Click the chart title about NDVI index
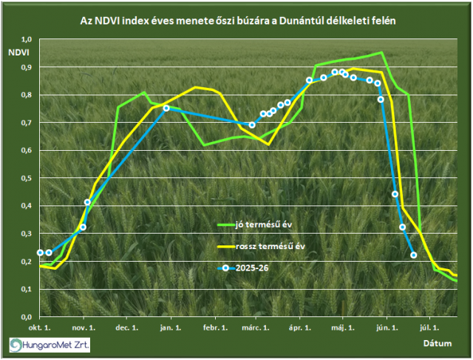click(238, 21)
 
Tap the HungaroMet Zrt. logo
click(50, 345)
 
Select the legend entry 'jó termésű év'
click(255, 225)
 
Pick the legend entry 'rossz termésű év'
click(261, 246)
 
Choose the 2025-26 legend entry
click(243, 268)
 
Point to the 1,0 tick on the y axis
click(27, 39)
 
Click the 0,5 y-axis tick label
click(27, 178)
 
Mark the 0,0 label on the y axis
click(27, 317)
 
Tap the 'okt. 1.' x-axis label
click(39, 327)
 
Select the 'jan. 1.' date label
click(171, 327)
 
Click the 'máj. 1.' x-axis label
click(343, 327)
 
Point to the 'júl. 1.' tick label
click(429, 327)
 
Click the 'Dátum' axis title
click(438, 344)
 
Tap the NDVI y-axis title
click(18, 52)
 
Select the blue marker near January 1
click(166, 108)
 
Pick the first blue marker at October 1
click(40, 253)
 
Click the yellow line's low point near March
click(268, 145)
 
